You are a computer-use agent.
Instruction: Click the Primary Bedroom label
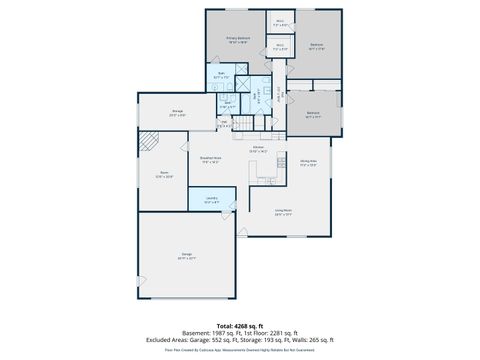(x=237, y=39)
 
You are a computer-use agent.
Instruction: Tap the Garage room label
(x=186, y=257)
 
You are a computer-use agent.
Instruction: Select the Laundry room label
(x=211, y=201)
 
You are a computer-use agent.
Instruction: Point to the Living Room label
(x=284, y=211)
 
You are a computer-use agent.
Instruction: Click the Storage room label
(x=177, y=112)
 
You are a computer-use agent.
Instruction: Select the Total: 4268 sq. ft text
(x=239, y=326)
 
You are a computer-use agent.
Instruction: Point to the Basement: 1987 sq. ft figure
(x=213, y=333)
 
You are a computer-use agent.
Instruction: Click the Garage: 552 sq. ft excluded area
(x=213, y=340)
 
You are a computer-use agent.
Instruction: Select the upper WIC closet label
(x=281, y=22)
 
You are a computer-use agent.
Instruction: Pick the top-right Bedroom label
(x=316, y=45)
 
